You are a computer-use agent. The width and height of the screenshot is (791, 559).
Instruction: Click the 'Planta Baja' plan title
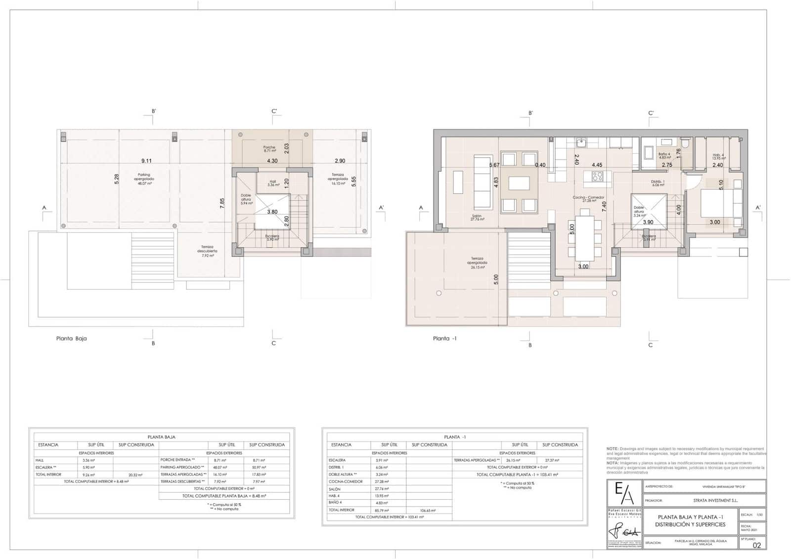click(71, 339)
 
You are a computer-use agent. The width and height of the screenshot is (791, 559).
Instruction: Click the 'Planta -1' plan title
click(444, 339)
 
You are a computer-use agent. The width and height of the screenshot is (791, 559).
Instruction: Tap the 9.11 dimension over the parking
click(146, 161)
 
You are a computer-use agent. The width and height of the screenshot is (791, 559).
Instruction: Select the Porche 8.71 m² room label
click(269, 149)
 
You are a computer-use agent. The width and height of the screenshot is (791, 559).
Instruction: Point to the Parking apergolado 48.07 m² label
click(144, 179)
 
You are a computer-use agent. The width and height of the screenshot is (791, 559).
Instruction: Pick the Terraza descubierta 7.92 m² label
click(207, 251)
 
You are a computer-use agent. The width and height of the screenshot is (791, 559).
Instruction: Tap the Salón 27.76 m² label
click(477, 217)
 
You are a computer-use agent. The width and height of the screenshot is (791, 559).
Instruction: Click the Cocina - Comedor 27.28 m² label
click(588, 199)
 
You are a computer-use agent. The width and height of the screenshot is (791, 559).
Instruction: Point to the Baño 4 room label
click(664, 155)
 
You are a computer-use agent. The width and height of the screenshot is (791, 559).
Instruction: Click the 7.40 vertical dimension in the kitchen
click(604, 206)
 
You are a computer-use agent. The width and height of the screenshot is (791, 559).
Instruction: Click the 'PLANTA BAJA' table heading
click(161, 437)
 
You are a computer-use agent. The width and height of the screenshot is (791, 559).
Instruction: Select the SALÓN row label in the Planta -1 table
click(335, 489)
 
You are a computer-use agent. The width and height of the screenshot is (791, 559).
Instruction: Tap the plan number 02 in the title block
click(756, 545)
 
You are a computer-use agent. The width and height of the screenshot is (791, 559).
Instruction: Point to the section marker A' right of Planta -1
click(758, 208)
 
